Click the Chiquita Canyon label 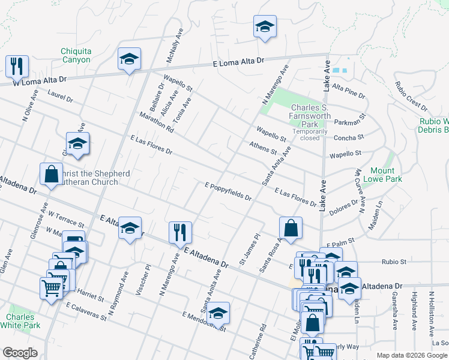pos(76,55)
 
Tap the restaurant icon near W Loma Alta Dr pos(17,65)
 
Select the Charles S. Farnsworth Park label pos(310,112)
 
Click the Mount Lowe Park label pos(382,175)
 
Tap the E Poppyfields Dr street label pos(228,191)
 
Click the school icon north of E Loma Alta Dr pos(264,26)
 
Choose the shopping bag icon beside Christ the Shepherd pos(51,174)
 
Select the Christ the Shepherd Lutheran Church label pos(98,178)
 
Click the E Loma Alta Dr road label pos(238,62)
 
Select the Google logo pos(20,353)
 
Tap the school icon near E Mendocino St pos(218,312)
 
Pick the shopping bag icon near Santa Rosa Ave pos(291,227)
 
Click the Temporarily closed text pos(310,134)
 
